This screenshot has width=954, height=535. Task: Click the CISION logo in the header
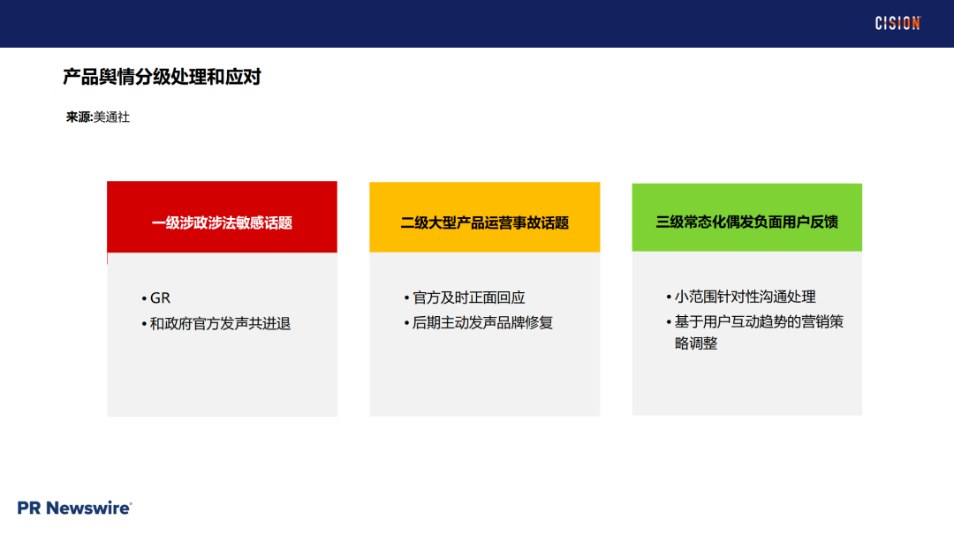(897, 24)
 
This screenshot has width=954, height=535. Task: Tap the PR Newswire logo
(75, 508)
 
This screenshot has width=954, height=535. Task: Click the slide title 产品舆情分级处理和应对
(162, 78)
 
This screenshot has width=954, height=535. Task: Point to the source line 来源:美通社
(98, 117)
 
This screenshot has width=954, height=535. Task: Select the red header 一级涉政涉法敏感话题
(222, 222)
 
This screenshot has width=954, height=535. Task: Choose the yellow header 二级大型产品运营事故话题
(484, 222)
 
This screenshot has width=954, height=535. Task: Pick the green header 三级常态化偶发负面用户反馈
(746, 222)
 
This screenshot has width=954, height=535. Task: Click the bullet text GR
(160, 298)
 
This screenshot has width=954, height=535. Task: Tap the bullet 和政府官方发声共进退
(220, 324)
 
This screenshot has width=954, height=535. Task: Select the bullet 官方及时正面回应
(469, 298)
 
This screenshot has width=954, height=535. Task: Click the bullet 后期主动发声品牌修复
(482, 323)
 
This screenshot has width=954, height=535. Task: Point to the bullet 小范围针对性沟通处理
(746, 297)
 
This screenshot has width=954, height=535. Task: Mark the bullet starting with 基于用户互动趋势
(759, 321)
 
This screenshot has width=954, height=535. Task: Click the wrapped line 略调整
(696, 343)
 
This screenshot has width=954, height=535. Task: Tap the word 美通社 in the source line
(112, 117)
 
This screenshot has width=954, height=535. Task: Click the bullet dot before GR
(144, 298)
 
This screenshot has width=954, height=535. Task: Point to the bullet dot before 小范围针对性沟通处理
(669, 298)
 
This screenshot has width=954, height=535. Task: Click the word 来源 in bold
(79, 117)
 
